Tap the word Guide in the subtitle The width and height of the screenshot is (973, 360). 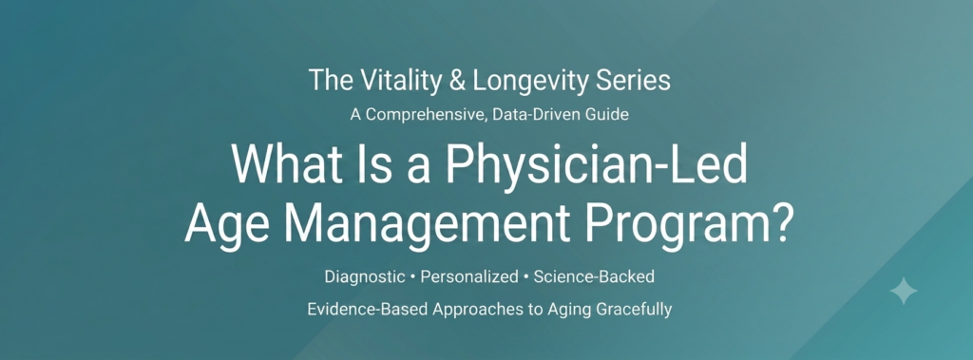point(609,115)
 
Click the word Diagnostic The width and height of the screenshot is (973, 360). point(365,276)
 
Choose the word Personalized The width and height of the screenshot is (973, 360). point(469,276)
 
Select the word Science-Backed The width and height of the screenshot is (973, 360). point(594,276)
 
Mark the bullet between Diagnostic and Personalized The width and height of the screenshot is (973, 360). point(413,277)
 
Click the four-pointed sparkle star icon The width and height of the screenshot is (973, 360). point(903,291)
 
